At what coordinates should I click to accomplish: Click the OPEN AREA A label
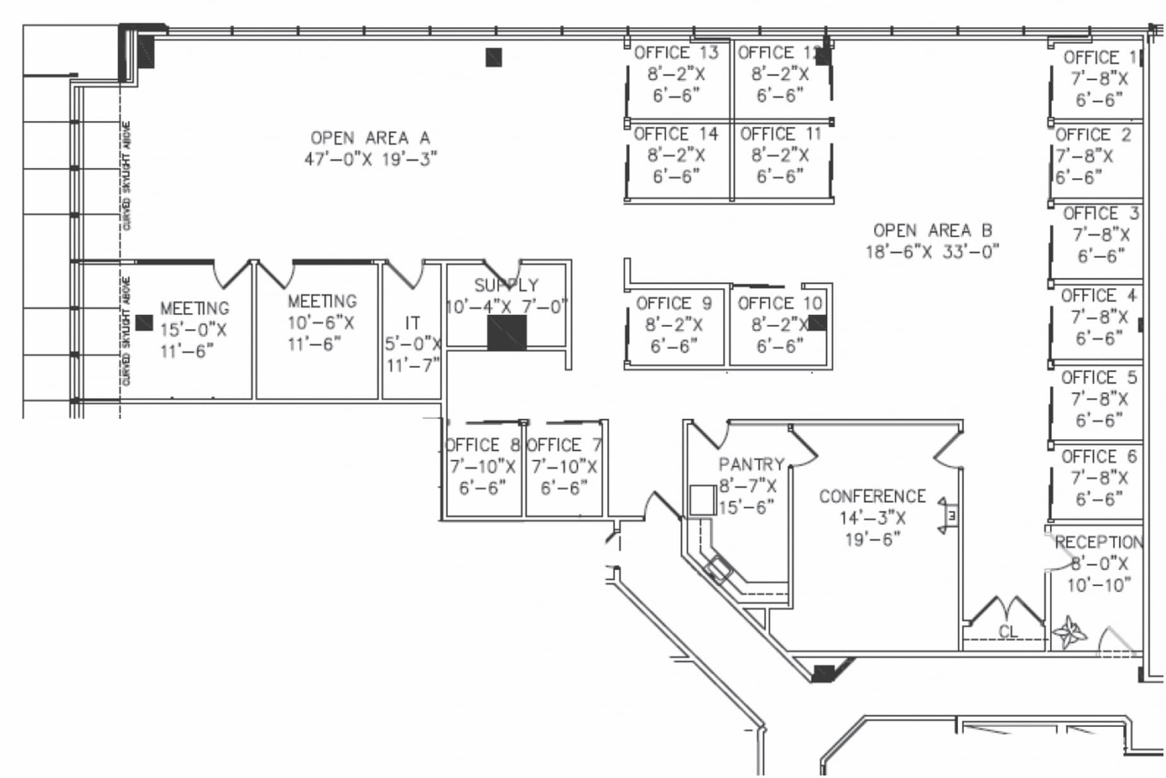[x=370, y=138]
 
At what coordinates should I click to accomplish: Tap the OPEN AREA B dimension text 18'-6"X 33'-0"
[x=932, y=252]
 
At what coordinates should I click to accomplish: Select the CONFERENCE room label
[x=872, y=497]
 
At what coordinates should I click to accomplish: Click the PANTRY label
[x=751, y=465]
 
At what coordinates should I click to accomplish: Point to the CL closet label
[x=1008, y=632]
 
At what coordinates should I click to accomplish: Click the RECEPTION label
[x=1098, y=542]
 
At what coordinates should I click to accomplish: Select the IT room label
[x=412, y=323]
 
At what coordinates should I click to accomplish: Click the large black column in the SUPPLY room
[x=507, y=333]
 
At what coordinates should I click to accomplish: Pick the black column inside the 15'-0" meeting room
[x=144, y=323]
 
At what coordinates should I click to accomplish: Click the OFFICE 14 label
[x=676, y=134]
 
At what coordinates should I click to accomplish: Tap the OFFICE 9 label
[x=674, y=304]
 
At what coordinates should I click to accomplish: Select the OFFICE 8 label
[x=482, y=445]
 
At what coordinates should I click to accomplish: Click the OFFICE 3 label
[x=1100, y=214]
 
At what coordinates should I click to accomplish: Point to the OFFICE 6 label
[x=1098, y=457]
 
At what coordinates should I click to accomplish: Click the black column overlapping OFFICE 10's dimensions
[x=817, y=323]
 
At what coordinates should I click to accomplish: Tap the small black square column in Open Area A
[x=493, y=57]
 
